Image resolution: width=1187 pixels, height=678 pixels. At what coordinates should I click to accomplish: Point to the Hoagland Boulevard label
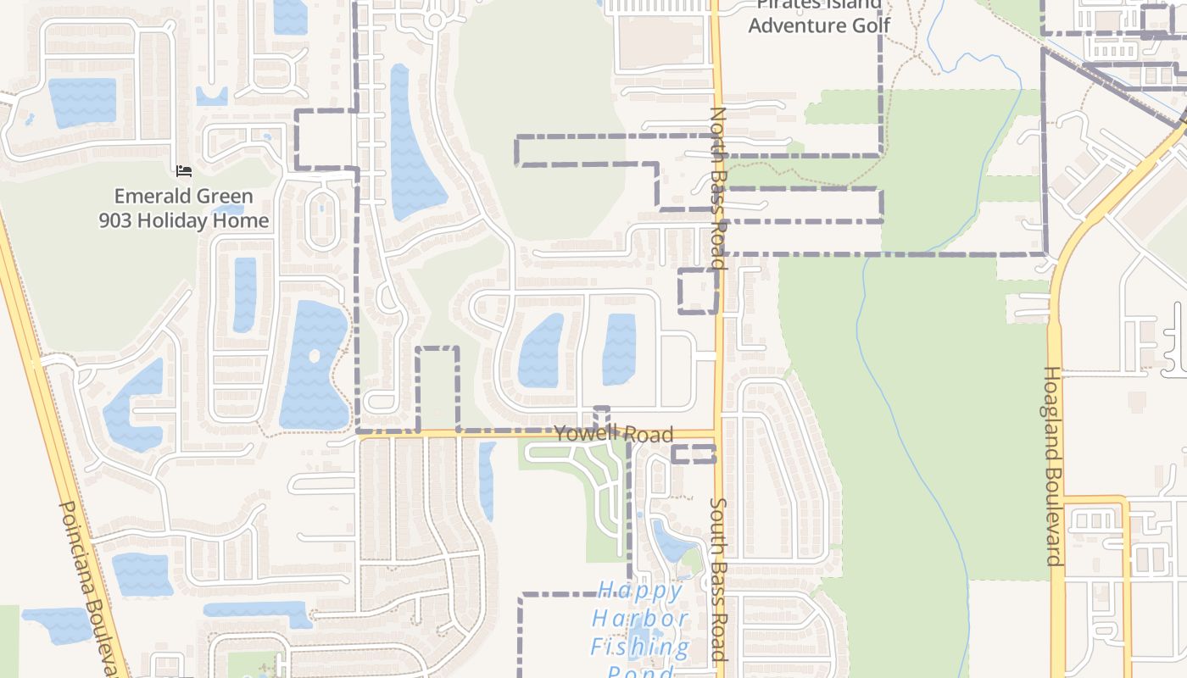[x=1053, y=465]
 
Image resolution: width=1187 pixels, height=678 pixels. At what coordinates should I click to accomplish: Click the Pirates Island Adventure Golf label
[x=818, y=16]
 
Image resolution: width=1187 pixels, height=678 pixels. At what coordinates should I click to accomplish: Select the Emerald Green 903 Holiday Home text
[x=184, y=208]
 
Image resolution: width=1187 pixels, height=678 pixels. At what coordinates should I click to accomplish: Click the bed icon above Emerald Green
[x=184, y=171]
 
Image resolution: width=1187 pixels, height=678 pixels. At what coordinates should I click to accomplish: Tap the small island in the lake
[x=315, y=356]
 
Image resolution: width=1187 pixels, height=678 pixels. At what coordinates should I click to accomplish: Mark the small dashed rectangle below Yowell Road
[x=694, y=454]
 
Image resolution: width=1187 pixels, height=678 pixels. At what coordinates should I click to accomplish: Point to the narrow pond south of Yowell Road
[x=487, y=480]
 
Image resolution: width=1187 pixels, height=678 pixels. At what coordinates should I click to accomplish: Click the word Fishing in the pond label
[x=640, y=647]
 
